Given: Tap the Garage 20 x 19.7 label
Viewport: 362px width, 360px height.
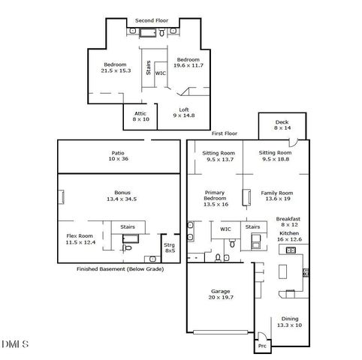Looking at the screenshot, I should click(x=220, y=293).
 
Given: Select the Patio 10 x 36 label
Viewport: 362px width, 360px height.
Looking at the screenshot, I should click(x=118, y=155).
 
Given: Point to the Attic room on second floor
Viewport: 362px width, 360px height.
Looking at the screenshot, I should click(x=140, y=115).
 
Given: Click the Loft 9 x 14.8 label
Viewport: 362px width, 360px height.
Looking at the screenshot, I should click(x=183, y=112).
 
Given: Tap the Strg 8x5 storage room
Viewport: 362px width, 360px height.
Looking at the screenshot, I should click(x=170, y=247).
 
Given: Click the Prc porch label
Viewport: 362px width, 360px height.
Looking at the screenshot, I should click(x=262, y=346).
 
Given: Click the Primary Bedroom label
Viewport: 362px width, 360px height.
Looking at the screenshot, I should click(x=215, y=197).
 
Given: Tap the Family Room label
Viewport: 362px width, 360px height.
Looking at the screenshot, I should click(x=276, y=195).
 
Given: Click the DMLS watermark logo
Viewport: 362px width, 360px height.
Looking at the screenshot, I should click(x=15, y=344).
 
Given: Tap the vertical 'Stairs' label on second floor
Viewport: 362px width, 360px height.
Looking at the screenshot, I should click(x=149, y=67).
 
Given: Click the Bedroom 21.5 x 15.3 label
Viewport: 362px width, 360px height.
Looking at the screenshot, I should click(x=116, y=67).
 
